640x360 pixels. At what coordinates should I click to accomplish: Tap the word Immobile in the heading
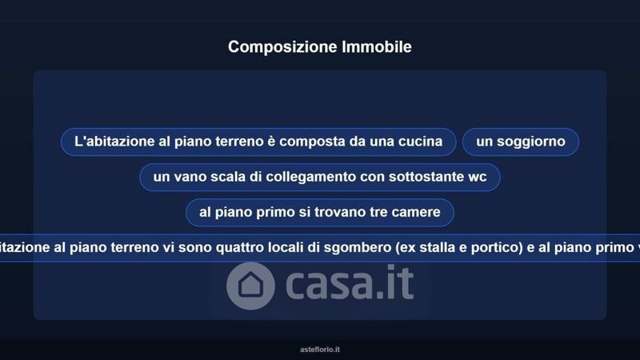tap(377, 46)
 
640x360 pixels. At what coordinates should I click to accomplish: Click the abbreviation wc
tap(478, 177)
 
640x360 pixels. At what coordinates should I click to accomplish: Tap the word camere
tap(416, 212)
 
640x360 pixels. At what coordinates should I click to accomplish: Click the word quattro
tap(239, 247)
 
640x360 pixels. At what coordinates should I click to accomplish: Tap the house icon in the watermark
tap(250, 286)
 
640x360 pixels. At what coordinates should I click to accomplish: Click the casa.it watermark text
tap(350, 283)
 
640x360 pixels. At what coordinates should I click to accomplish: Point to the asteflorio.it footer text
tap(320, 350)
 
